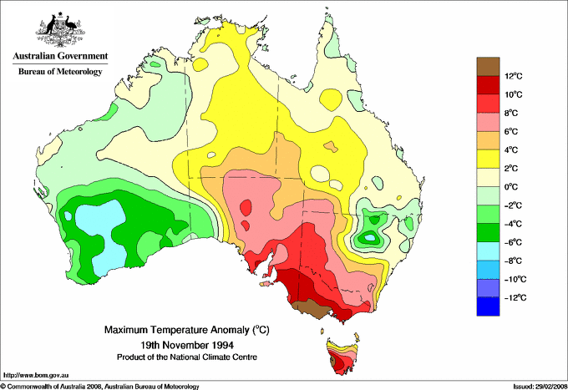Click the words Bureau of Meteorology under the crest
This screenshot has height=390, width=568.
[59, 72]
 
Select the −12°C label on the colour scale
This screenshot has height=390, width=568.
[515, 297]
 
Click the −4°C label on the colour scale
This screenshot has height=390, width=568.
[515, 224]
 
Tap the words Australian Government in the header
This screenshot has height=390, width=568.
[59, 57]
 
